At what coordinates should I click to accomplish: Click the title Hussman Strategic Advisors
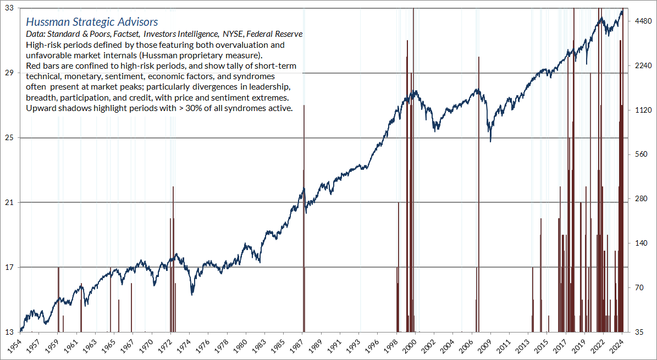[92, 22]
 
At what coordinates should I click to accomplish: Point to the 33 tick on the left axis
[9, 9]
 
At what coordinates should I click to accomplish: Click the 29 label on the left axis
[9, 73]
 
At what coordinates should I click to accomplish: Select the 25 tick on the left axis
[9, 137]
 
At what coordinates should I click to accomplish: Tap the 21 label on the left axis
[9, 202]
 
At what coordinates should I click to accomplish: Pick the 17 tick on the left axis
[9, 267]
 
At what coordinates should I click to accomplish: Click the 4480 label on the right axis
[641, 21]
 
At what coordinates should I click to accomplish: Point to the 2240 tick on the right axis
[641, 66]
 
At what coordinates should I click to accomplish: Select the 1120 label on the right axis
[641, 110]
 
